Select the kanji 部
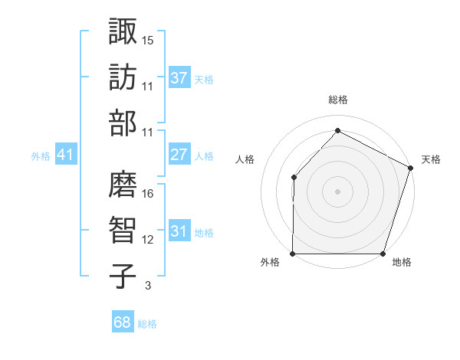[x=122, y=123]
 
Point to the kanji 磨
[x=122, y=184]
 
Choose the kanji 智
[x=122, y=230]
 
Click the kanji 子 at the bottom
[x=122, y=277]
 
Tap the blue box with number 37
[x=179, y=78]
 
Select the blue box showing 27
[x=179, y=155]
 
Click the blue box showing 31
[x=179, y=231]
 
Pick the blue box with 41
[x=66, y=155]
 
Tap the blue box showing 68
[x=122, y=322]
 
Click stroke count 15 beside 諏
[x=148, y=39]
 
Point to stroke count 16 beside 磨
[x=148, y=194]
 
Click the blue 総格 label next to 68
[x=147, y=324]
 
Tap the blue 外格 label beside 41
[x=41, y=156]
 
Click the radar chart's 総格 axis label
[x=337, y=100]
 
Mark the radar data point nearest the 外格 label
[x=293, y=254]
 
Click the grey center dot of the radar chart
[x=337, y=191]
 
